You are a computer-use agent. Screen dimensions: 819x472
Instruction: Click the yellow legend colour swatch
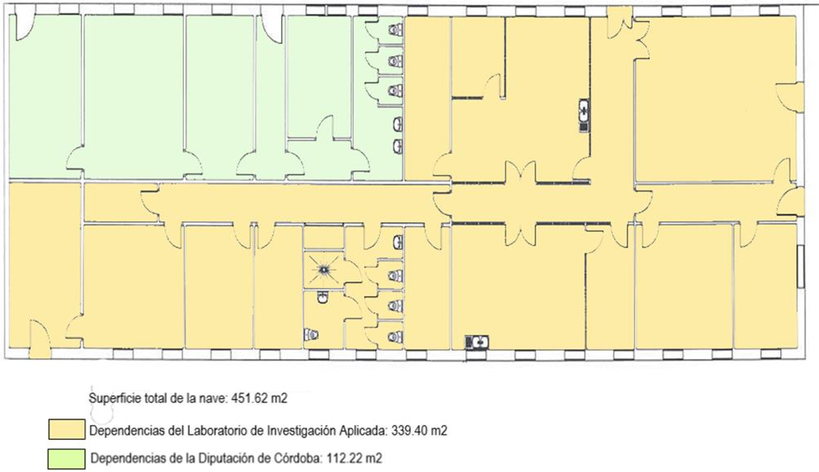tap(67, 429)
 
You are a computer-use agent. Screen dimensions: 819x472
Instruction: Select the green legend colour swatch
tap(67, 459)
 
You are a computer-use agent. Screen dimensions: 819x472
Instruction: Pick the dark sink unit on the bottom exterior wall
tap(477, 342)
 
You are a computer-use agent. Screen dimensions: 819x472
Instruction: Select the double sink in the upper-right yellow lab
tap(584, 115)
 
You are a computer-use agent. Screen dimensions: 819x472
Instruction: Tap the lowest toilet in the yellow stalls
tap(396, 337)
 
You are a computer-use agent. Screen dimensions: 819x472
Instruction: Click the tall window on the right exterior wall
tap(801, 266)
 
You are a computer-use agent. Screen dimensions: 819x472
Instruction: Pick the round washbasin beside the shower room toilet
tap(323, 298)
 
